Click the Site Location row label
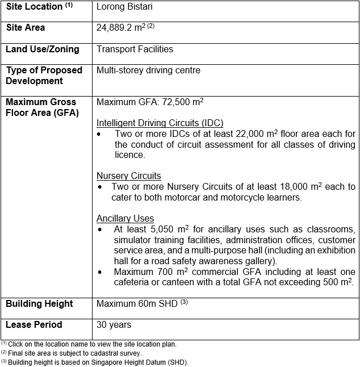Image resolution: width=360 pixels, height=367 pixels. (34, 7)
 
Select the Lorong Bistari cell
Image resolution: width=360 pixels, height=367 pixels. (125, 7)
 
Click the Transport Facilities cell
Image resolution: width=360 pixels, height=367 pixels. (135, 49)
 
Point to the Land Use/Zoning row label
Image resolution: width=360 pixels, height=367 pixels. (43, 49)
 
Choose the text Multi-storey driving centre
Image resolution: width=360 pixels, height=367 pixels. (148, 70)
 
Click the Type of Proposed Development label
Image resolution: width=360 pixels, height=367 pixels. (44, 75)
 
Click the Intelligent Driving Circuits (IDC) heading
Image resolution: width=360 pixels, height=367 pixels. (160, 123)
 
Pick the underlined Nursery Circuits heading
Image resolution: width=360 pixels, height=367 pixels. (129, 176)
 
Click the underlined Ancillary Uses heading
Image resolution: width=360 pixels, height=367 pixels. (125, 218)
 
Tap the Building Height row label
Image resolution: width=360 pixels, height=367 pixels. (39, 304)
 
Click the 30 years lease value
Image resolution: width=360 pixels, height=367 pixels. (114, 325)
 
